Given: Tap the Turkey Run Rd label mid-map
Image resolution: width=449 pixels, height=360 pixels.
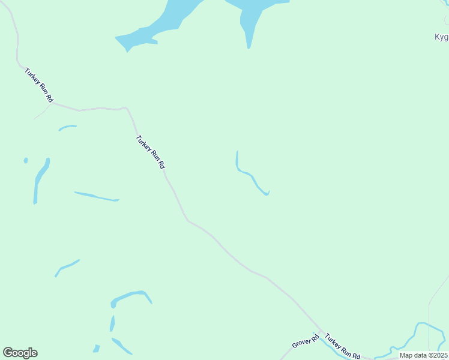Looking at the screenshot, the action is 150,152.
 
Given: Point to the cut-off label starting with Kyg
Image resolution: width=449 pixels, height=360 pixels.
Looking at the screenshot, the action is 441,37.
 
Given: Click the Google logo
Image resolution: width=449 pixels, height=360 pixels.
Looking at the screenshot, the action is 20,353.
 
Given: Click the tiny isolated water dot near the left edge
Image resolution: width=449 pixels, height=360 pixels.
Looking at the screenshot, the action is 26,160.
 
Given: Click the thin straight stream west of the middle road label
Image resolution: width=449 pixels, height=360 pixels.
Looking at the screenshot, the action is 96,196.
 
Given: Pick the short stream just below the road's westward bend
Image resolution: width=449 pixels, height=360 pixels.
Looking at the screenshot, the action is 67,127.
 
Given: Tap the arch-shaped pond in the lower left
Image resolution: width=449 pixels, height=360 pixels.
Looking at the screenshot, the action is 130,296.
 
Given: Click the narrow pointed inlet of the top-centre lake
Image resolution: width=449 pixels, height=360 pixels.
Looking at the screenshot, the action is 249,33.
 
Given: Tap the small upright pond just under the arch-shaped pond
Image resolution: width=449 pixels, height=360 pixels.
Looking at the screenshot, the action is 112,323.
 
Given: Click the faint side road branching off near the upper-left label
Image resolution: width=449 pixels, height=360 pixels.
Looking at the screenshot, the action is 42,112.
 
